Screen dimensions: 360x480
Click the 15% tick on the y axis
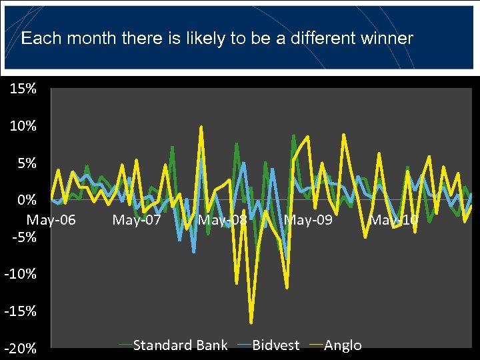[x=23, y=89]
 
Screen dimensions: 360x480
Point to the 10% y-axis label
[x=23, y=126]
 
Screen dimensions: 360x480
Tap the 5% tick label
[x=27, y=163]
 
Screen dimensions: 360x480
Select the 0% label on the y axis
[x=27, y=200]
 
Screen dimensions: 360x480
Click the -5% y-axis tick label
[x=25, y=237]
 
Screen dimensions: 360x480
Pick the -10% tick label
[x=22, y=274]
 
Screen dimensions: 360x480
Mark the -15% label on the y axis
[x=22, y=311]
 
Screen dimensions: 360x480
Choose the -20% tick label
[x=22, y=349]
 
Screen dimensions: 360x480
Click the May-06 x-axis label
[x=51, y=219]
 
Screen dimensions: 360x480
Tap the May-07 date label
[x=137, y=219]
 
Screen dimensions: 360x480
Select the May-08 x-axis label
[x=223, y=219]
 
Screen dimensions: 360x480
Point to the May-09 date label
[x=308, y=219]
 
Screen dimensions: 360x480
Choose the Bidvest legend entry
[x=275, y=345]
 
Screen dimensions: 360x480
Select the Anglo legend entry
[x=343, y=345]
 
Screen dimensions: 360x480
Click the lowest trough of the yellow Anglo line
[x=251, y=323]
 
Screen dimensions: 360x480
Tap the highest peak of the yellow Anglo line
[x=201, y=126]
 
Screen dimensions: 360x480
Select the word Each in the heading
[x=36, y=38]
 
